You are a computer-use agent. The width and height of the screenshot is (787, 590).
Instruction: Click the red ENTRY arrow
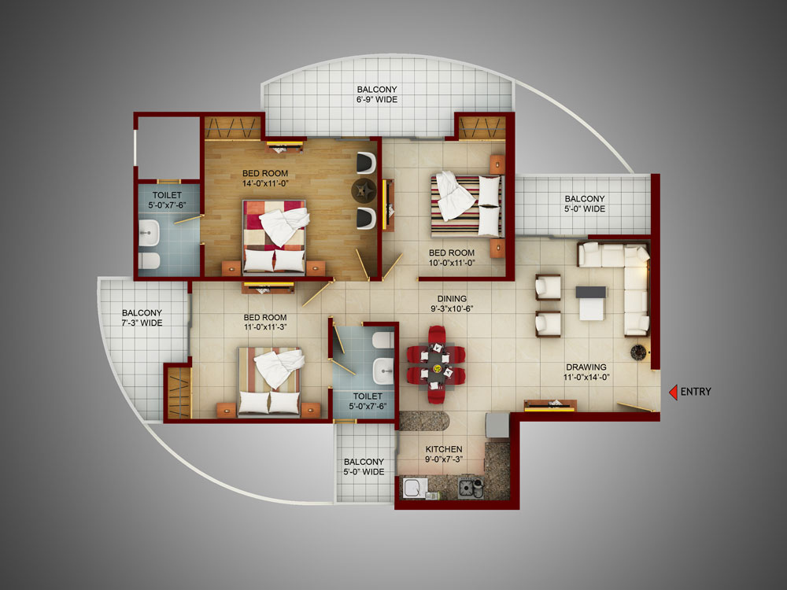[673, 392]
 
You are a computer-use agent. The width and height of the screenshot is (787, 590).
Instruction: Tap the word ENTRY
[696, 392]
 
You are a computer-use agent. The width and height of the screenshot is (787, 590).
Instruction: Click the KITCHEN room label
[444, 449]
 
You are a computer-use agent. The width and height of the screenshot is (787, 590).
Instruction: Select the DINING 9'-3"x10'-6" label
[452, 304]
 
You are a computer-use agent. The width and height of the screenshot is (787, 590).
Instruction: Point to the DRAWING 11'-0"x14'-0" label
[586, 372]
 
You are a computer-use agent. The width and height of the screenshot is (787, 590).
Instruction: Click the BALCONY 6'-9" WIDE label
[377, 94]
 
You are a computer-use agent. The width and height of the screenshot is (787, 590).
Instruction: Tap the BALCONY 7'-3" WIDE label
[142, 318]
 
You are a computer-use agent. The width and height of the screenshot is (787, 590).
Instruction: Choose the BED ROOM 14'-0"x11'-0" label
[265, 178]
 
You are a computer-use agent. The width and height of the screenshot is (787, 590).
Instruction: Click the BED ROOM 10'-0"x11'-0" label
[452, 257]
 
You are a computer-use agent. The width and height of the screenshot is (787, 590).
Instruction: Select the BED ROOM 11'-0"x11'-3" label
[265, 322]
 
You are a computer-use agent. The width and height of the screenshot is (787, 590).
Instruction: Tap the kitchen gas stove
[471, 489]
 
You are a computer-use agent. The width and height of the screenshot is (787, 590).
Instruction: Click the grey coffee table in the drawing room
[591, 303]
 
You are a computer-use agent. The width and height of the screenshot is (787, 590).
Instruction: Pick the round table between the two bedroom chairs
[364, 190]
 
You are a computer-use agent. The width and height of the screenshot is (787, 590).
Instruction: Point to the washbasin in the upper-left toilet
[149, 234]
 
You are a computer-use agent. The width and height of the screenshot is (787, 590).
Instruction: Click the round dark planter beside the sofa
[638, 352]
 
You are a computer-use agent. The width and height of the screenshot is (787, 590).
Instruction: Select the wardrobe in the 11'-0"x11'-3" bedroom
[179, 393]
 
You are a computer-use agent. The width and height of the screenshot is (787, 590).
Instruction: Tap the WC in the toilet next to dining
[384, 340]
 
